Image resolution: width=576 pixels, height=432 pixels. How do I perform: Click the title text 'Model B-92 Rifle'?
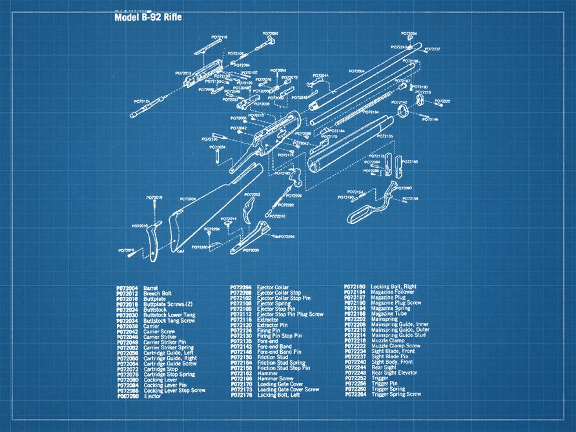(148, 17)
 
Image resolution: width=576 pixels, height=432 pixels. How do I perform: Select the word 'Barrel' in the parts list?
(150, 287)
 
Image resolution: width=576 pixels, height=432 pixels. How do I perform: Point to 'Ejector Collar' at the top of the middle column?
(273, 287)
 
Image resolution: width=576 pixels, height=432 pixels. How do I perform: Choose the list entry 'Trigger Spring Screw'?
(396, 394)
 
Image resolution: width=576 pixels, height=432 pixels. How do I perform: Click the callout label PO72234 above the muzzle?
(409, 34)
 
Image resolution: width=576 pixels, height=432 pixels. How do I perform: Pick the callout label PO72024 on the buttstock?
(188, 199)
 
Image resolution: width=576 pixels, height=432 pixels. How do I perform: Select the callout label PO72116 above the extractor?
(220, 37)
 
